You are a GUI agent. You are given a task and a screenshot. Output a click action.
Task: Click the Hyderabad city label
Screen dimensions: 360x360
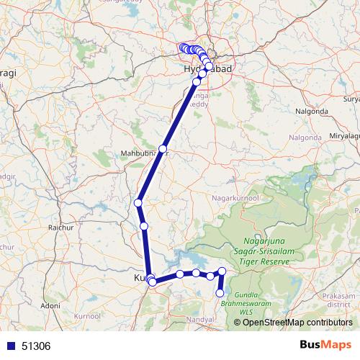coord(199,69)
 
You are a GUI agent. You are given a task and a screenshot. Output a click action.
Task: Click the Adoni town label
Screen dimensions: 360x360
coord(50,305)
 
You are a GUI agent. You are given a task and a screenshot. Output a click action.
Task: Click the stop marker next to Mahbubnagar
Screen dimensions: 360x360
coord(163,149)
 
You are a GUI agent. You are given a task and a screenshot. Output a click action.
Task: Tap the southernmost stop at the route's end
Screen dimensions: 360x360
coord(220,293)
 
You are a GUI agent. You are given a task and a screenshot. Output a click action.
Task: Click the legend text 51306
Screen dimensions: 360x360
coord(36,346)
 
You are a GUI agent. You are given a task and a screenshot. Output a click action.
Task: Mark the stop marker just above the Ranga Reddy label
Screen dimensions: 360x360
coord(197,82)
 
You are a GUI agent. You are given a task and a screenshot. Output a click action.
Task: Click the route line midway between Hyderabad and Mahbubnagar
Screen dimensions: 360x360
coord(180,115)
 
